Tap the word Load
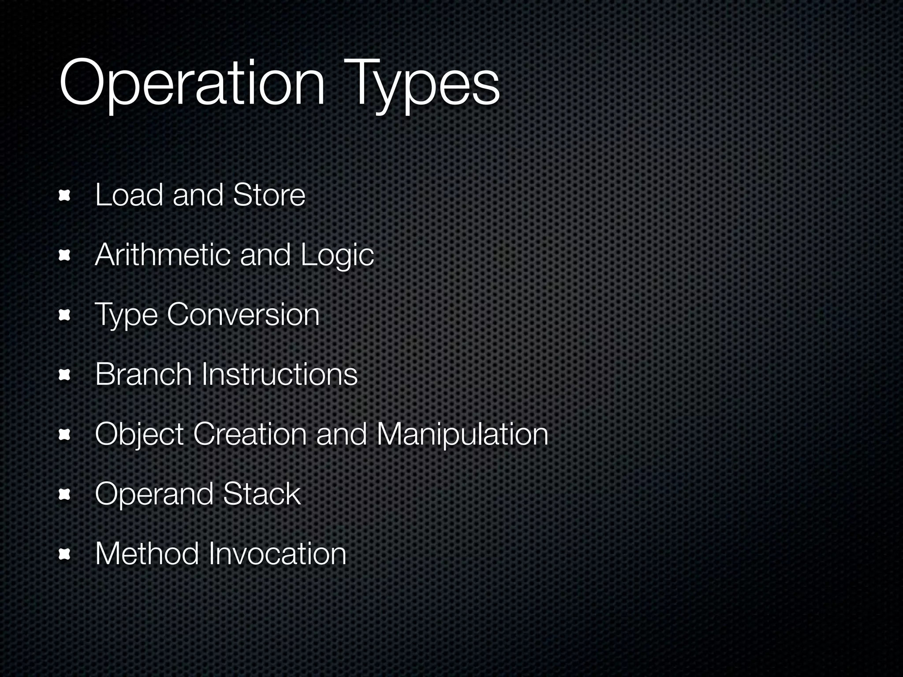[x=129, y=195]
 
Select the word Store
[x=269, y=195]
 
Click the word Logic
[x=337, y=256]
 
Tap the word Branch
[x=143, y=375]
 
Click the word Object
[x=139, y=435]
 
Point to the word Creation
[x=250, y=435]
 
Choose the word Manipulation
[x=462, y=435]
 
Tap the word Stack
[x=262, y=494]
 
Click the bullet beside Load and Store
[x=65, y=196]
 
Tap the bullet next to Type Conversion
[x=65, y=315]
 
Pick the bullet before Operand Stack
[x=65, y=495]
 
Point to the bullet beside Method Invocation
[x=65, y=554]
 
